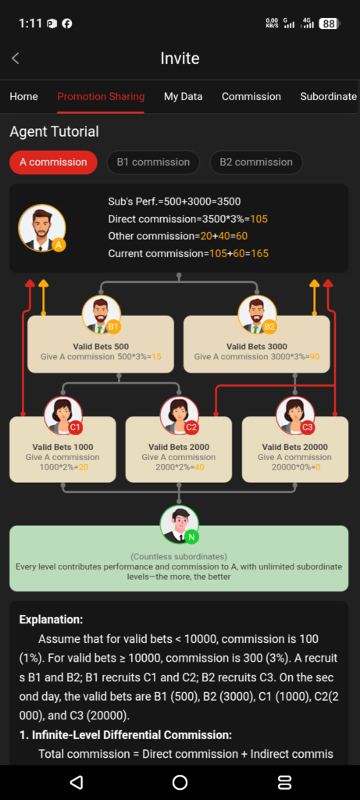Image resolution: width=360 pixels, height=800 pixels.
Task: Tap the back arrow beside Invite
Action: point(16,58)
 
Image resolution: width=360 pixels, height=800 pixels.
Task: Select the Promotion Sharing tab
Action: point(101,96)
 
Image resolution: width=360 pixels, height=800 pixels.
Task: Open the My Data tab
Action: point(183,96)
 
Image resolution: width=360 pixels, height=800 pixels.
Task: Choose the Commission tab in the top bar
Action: point(251,96)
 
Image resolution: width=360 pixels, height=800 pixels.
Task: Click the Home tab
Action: point(23,96)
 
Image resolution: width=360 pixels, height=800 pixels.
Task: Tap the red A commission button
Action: point(53,162)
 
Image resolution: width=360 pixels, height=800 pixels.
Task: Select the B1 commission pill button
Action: point(153,162)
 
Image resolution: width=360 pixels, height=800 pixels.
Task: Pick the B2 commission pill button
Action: point(256,162)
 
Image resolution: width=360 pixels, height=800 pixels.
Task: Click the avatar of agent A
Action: point(42,228)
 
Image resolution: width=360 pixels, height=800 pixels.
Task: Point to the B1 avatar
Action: point(102,315)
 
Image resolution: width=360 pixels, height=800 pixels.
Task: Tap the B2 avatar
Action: point(258,315)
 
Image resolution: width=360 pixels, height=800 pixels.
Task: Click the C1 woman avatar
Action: point(63,416)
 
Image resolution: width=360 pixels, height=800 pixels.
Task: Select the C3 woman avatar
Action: point(295,416)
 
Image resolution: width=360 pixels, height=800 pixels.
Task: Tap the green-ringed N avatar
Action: point(179,524)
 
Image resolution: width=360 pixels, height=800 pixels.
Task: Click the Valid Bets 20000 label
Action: point(294,447)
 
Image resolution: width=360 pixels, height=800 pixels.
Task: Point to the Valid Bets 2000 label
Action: point(179,447)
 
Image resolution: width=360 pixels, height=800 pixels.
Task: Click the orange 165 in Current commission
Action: point(259,253)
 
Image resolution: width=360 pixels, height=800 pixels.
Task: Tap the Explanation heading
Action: point(51,620)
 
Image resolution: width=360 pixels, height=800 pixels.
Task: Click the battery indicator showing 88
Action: point(330,23)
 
